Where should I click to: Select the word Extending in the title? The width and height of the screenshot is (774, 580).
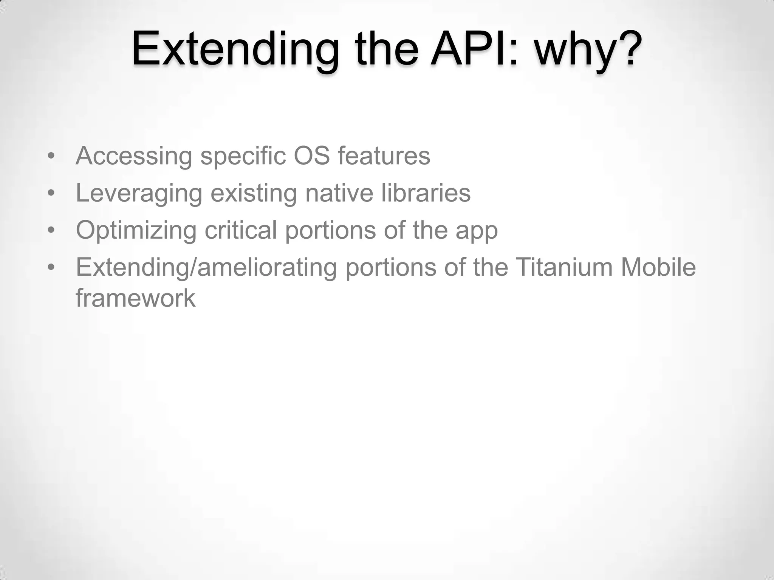pyautogui.click(x=235, y=49)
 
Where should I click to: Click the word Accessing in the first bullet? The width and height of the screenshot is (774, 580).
pyautogui.click(x=134, y=156)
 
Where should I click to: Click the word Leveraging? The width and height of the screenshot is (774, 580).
pyautogui.click(x=139, y=193)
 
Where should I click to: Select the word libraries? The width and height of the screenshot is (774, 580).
pyautogui.click(x=426, y=193)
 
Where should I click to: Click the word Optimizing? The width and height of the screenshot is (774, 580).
pyautogui.click(x=136, y=230)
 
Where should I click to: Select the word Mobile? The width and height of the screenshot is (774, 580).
pyautogui.click(x=658, y=267)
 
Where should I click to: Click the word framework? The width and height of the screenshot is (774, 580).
pyautogui.click(x=135, y=298)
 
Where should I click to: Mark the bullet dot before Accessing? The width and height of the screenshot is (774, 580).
pyautogui.click(x=51, y=156)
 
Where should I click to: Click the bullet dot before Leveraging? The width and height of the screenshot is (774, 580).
pyautogui.click(x=51, y=193)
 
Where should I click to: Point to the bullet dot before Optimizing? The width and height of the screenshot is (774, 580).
pyautogui.click(x=51, y=230)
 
